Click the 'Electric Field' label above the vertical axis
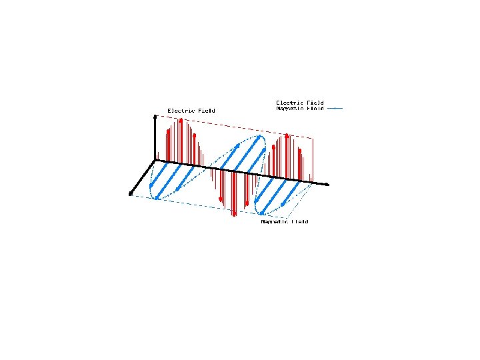coord(191,110)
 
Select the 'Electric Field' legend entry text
coord(300,103)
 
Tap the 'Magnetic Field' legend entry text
coord(300,108)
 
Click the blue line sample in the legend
coord(335,108)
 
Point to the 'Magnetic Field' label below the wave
coord(285,221)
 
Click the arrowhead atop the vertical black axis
coord(155,117)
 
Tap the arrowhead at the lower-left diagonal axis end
coord(131,195)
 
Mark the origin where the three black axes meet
coord(156,161)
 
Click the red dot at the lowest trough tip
coord(234,215)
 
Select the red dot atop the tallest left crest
coord(181,120)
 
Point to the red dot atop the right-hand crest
coord(287,135)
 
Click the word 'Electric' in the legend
coord(289,103)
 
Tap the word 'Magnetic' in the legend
coord(289,108)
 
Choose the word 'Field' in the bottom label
coord(300,221)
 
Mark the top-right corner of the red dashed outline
coord(313,138)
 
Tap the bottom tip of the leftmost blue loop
coord(155,198)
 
